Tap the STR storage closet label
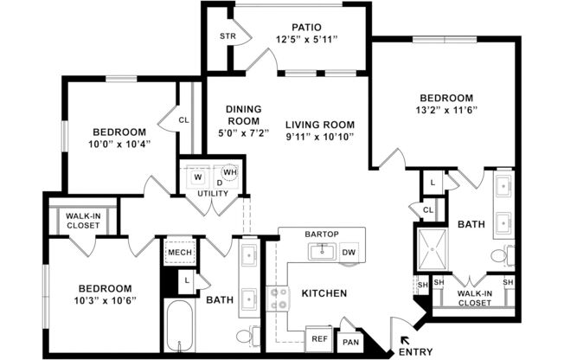coord(227,36)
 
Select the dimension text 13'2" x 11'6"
coord(445,111)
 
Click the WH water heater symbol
coord(229,172)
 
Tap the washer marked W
coord(196,177)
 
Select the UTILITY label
coord(212,193)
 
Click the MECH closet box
coord(179,253)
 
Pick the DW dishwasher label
coord(349,253)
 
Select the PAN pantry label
coord(349,343)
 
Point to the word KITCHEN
coord(324,293)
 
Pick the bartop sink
coord(322,251)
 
